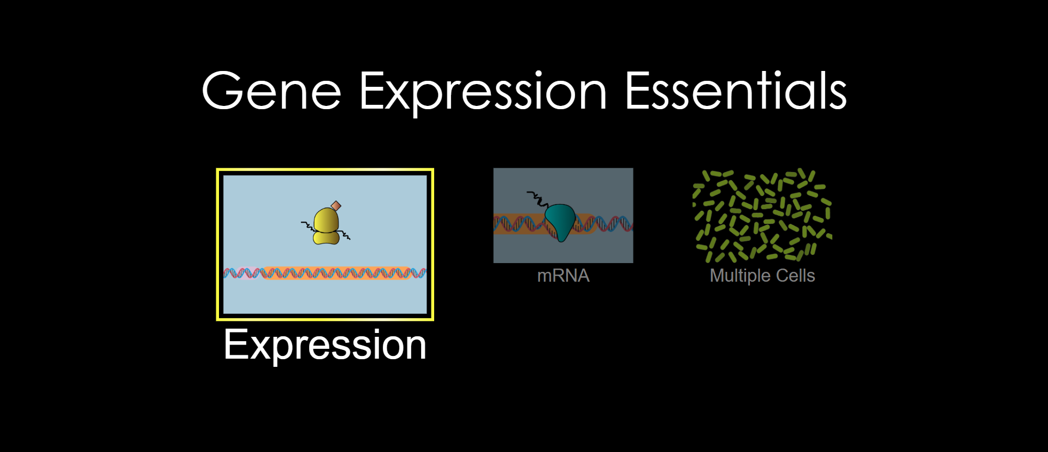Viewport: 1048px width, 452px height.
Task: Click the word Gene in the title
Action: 271,91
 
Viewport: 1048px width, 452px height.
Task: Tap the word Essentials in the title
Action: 735,91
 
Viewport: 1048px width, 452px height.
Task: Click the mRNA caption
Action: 564,276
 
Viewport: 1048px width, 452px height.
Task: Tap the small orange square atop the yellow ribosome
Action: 336,206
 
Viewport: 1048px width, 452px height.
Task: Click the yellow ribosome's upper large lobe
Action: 327,219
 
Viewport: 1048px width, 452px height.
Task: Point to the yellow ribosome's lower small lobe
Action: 326,237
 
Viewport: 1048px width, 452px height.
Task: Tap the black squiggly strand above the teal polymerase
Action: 537,199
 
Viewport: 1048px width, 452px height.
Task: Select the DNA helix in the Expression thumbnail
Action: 325,272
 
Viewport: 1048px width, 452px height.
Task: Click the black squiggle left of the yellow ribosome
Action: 307,225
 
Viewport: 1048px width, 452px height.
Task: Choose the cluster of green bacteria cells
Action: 762,215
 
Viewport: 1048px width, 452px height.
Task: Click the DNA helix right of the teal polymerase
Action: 604,223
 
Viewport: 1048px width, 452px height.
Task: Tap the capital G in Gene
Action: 222,91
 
